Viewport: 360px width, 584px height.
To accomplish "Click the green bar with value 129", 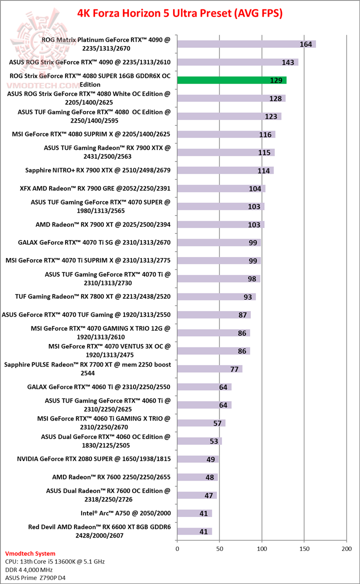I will (231, 80).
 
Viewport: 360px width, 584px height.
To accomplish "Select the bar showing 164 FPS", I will (246, 44).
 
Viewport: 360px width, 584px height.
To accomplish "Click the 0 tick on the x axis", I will (177, 549).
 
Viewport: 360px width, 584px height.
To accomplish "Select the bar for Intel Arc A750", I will (194, 513).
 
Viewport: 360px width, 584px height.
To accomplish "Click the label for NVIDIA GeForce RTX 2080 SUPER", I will (94, 458).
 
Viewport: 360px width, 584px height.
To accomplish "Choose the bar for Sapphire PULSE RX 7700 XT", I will (209, 369).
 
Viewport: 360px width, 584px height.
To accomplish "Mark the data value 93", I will (248, 297).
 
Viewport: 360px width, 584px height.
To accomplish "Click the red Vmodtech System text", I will (30, 553).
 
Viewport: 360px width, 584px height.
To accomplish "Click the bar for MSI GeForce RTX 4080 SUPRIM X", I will (226, 134).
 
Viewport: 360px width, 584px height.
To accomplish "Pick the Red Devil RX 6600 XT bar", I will (194, 531).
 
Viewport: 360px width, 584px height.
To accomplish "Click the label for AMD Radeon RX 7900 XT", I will (103, 224).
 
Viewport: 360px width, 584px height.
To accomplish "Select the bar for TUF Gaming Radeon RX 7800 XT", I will (216, 297).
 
